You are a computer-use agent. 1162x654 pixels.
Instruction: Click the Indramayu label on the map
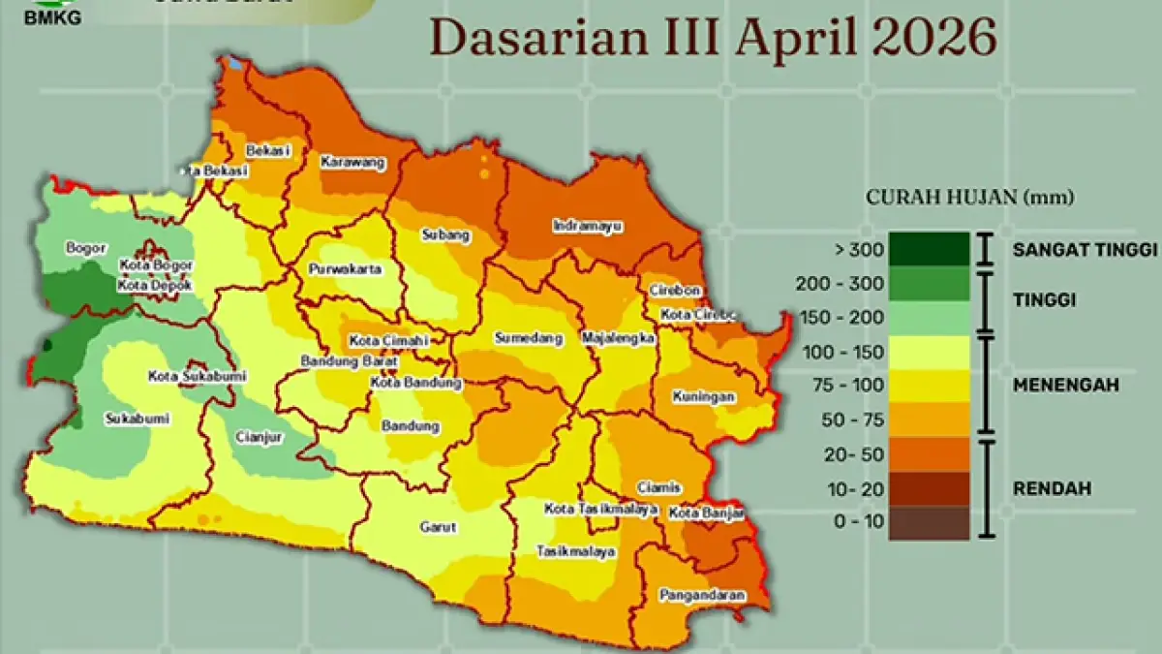(588, 226)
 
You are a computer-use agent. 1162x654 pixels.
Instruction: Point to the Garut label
(438, 527)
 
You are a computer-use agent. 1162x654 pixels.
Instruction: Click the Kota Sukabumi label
(197, 376)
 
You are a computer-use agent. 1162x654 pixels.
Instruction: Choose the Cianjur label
(259, 437)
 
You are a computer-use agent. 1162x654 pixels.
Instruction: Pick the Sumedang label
(528, 338)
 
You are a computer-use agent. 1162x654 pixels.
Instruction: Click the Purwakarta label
(345, 269)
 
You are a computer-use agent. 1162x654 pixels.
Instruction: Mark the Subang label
(445, 234)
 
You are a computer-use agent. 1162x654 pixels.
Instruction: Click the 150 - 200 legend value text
(843, 318)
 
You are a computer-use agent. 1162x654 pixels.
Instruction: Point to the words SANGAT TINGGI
(1085, 250)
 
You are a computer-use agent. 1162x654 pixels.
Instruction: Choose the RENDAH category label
(1052, 488)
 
